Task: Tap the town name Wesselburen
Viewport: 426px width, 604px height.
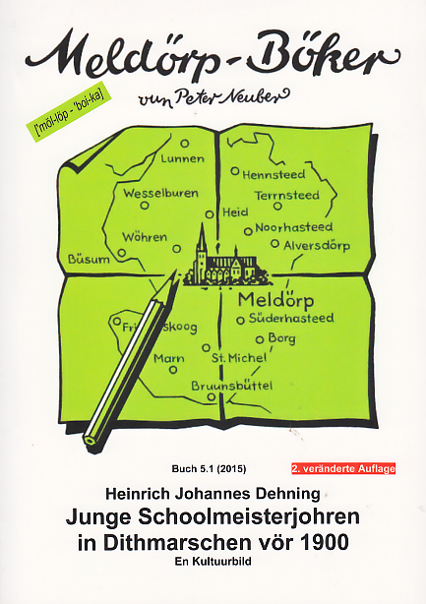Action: [160, 194]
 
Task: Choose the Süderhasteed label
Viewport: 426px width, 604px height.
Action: [292, 318]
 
